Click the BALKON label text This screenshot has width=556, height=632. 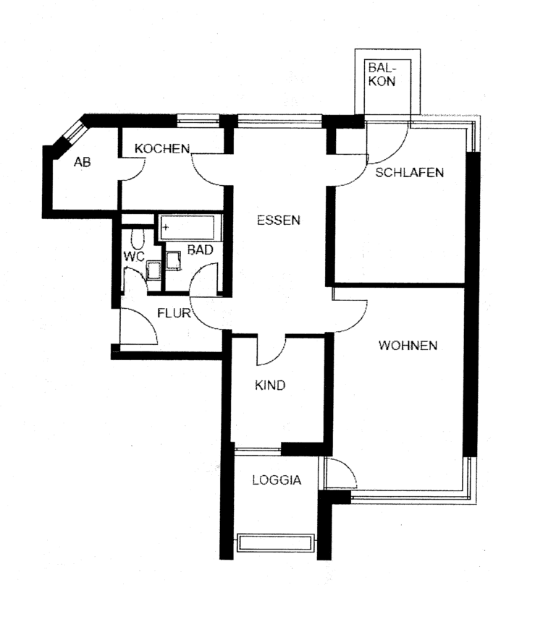[382, 74]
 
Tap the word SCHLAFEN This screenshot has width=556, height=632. [409, 173]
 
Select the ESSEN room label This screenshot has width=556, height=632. [278, 221]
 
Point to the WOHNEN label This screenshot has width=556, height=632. [408, 346]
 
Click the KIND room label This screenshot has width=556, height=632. [269, 385]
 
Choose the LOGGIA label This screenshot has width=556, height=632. [276, 479]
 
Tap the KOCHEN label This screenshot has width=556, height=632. [161, 149]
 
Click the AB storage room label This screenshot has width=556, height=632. [82, 162]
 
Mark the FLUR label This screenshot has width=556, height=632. [174, 313]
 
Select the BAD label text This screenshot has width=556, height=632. [199, 250]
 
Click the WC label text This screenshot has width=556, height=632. [133, 256]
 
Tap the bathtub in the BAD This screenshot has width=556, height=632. [190, 227]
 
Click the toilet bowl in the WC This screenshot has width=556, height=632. [138, 239]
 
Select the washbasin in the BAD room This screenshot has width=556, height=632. [173, 261]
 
